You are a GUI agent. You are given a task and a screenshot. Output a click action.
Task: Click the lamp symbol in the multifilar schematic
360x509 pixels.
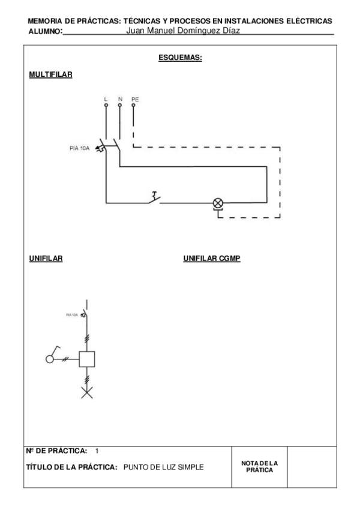coord(218,203)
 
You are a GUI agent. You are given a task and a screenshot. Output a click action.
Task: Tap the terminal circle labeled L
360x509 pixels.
coord(106,105)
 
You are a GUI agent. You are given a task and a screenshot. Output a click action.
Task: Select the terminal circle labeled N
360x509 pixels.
coord(120,105)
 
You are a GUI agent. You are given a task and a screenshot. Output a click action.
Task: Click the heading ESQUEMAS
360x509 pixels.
coord(180,58)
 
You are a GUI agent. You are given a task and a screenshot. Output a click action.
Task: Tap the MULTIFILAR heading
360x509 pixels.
coord(51,76)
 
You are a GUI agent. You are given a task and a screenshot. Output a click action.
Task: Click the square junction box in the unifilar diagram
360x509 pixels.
coord(88,359)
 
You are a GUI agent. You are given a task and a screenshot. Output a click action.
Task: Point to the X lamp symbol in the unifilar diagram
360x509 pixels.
coord(88,393)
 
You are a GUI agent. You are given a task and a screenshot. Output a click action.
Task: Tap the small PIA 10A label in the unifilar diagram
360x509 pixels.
coord(71,314)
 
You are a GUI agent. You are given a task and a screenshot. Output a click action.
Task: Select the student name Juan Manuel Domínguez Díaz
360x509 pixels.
coord(184,30)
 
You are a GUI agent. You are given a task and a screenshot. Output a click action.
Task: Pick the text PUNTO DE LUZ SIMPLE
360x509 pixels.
coord(163,466)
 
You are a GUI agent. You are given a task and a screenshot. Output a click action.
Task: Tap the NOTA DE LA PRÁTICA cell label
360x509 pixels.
coord(259,466)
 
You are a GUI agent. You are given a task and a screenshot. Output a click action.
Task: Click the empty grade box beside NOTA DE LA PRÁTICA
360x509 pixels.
coord(310,466)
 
